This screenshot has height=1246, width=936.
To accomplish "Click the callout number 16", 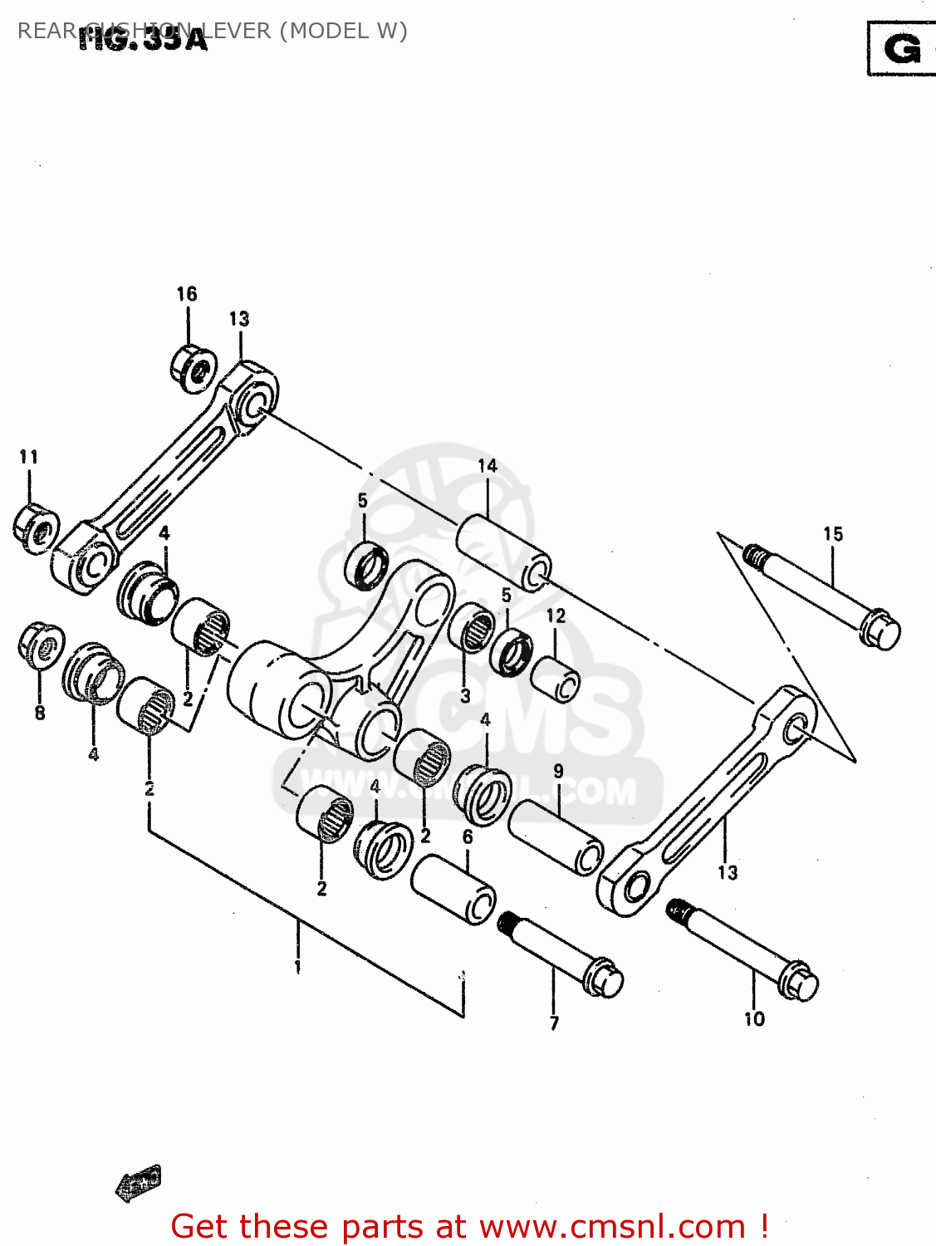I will (187, 294).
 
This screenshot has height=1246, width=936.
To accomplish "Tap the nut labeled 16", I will (194, 366).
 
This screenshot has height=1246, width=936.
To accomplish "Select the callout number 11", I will (29, 457).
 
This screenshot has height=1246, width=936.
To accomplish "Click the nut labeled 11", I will (36, 528).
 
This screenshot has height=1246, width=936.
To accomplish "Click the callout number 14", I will (488, 466).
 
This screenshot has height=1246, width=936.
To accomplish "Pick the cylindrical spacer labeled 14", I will (503, 550).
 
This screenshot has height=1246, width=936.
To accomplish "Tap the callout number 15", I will (833, 534).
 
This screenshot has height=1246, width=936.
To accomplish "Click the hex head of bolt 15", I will (881, 630).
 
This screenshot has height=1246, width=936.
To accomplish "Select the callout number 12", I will (556, 616).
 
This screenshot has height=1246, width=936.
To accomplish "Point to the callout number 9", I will (558, 772).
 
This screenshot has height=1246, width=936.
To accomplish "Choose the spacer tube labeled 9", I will (556, 836).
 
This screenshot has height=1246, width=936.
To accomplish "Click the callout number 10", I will (754, 1019).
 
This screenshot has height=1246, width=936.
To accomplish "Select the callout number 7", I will (554, 1023).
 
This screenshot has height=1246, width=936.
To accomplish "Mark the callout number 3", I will (466, 696).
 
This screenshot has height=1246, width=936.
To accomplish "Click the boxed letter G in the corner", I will (902, 49).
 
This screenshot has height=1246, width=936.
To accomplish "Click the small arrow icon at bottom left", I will (138, 1183).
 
